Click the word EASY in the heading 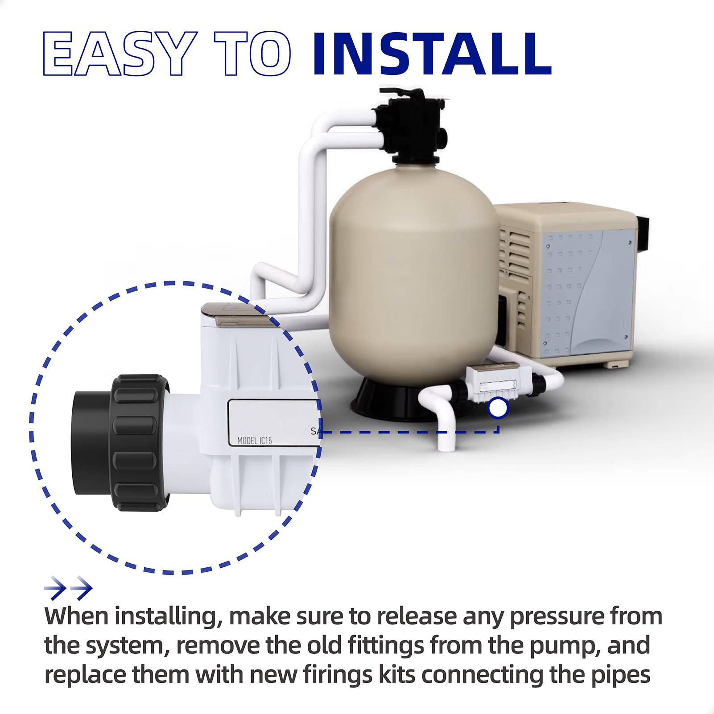pos(120,54)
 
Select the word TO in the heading pos(253,54)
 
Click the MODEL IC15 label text pos(254,441)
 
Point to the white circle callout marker pos(498,408)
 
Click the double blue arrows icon pos(68,588)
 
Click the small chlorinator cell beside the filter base pos(495,382)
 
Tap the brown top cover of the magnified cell pos(236,314)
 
